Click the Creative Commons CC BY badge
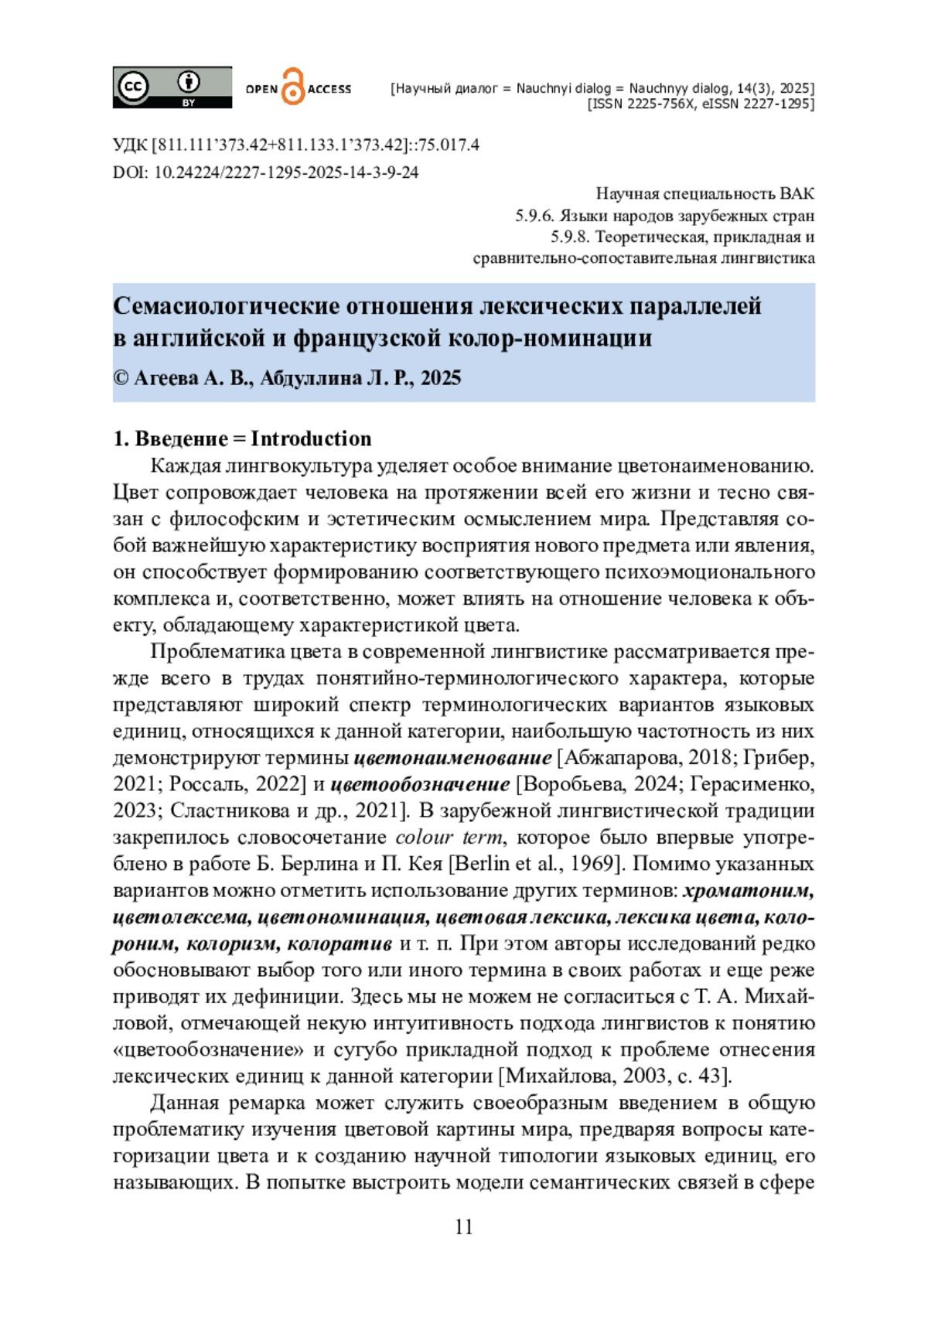point(172,87)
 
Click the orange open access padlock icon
point(292,87)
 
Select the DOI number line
point(265,172)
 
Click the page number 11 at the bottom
point(463,1227)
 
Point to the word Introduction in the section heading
point(311,439)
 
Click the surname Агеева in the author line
point(166,378)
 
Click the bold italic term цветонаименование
point(452,758)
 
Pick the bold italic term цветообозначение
point(420,784)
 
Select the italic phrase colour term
point(449,838)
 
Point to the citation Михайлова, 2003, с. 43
point(615,1076)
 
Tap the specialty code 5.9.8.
point(569,237)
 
